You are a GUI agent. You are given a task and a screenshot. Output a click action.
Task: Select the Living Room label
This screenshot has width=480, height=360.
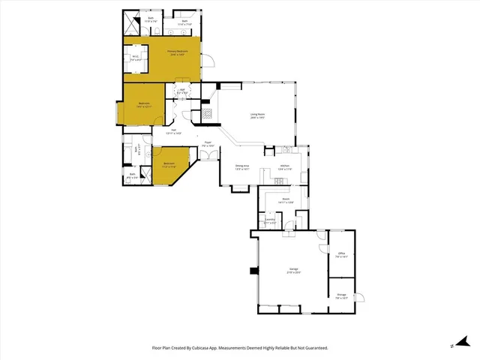point(259,116)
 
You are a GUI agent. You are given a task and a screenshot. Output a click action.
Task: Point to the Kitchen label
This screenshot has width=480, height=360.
point(285,166)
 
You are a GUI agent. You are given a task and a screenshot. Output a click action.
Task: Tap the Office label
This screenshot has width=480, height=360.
point(341,256)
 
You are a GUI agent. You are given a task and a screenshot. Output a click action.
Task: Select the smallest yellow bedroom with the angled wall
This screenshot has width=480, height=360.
point(170,166)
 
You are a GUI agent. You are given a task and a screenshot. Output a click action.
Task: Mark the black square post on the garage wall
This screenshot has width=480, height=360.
point(253,271)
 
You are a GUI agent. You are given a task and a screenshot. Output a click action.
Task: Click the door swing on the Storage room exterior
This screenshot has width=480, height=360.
point(359,298)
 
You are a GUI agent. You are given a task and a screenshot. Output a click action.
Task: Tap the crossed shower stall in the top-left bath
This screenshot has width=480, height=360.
point(132,20)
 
